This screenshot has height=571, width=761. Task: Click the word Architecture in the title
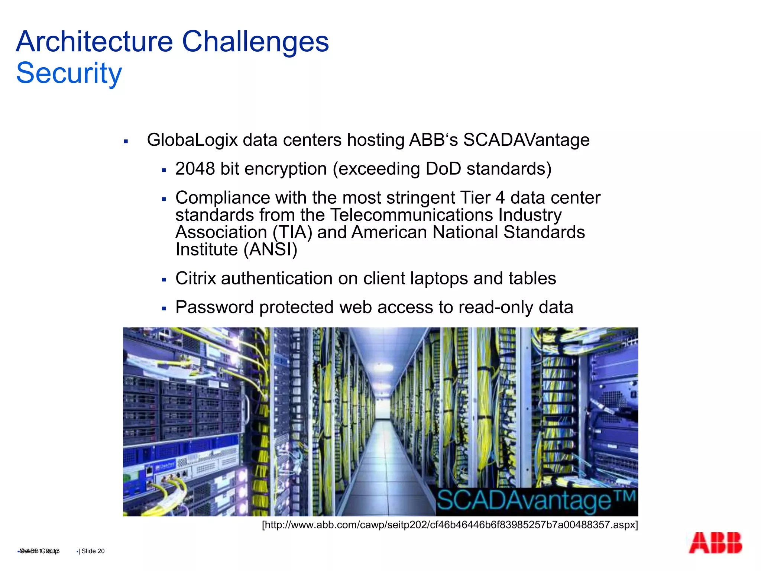coord(94,42)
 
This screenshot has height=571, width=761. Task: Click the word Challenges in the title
coord(255,42)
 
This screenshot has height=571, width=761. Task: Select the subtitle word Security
coord(69,73)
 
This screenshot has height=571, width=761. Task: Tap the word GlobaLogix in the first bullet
coord(192,140)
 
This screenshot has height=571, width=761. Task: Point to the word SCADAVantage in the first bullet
coord(526,140)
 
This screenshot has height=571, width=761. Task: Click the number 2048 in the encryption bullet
coord(195,169)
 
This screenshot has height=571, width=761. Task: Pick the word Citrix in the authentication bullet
coord(195,278)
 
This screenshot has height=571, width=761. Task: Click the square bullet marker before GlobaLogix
coord(126,141)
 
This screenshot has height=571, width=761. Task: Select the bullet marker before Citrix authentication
coord(164,280)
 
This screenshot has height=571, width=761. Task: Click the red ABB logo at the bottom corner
coord(715,543)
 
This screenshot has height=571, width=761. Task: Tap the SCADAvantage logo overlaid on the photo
coord(536,501)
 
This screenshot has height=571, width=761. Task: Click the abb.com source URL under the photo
coord(450,525)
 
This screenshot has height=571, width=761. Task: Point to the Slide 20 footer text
coord(93,551)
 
